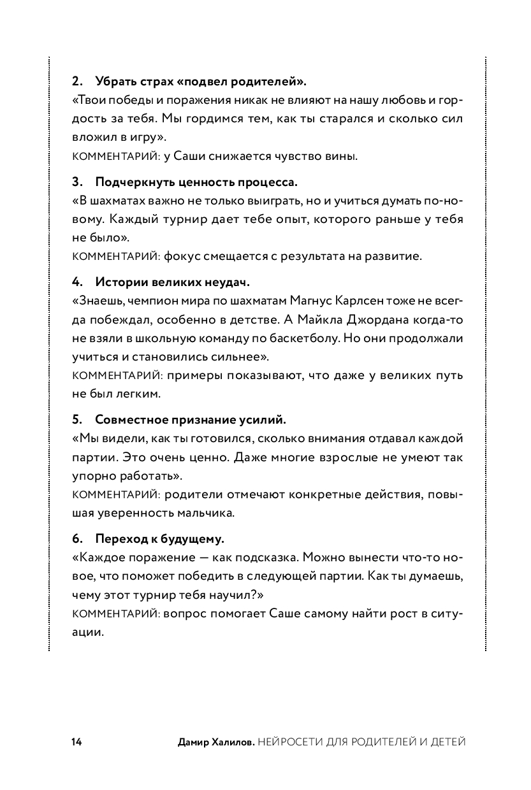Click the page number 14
[76, 742]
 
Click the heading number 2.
[76, 82]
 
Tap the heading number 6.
[76, 539]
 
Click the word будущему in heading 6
[195, 539]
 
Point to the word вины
[340, 156]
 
